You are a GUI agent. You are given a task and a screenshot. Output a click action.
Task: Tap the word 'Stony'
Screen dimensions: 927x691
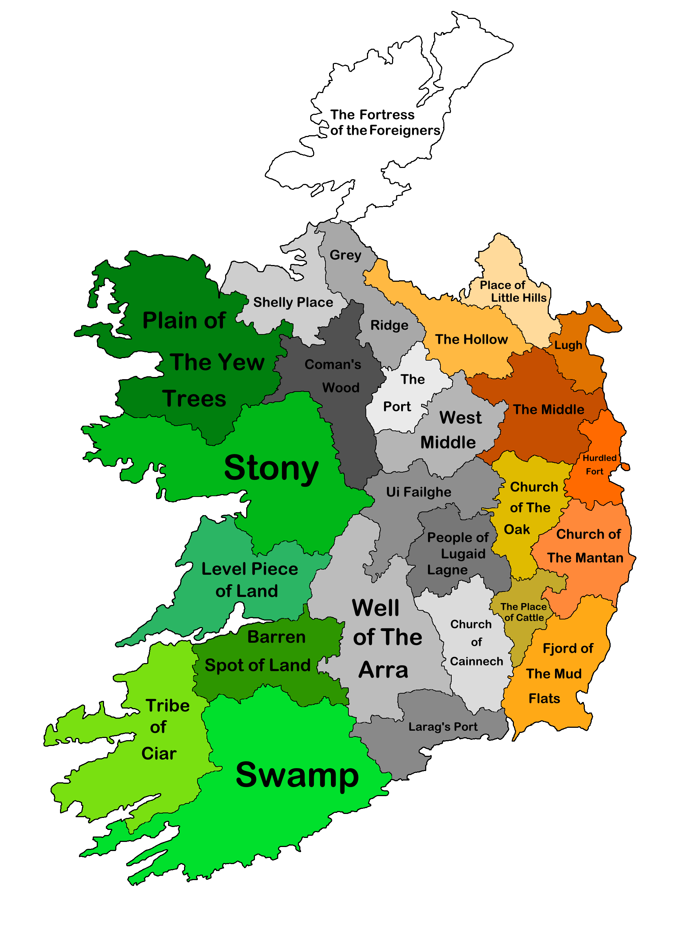tap(271, 468)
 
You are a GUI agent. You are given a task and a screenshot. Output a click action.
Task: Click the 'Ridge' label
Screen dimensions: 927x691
tap(389, 325)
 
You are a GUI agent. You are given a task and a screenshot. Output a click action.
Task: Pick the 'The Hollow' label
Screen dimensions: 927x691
tap(471, 339)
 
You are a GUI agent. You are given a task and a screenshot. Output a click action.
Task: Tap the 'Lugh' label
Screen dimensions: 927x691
tap(568, 345)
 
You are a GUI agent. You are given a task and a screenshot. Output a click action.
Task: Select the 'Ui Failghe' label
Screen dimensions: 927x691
tap(418, 492)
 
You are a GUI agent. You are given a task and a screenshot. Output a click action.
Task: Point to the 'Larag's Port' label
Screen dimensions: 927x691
tap(443, 727)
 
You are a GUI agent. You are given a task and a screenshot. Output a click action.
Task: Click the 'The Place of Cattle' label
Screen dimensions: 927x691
tap(524, 612)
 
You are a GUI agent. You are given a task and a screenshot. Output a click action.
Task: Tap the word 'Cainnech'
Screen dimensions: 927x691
tap(476, 662)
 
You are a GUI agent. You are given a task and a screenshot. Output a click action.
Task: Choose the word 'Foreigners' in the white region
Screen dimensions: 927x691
tap(404, 131)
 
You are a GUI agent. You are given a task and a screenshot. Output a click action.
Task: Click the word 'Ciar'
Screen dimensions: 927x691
tap(159, 754)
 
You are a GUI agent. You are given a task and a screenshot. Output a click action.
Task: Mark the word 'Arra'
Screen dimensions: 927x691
tap(383, 670)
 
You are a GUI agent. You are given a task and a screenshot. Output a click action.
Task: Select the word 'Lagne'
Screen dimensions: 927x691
tap(447, 570)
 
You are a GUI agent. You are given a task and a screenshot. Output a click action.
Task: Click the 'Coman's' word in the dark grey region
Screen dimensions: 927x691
tap(332, 365)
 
